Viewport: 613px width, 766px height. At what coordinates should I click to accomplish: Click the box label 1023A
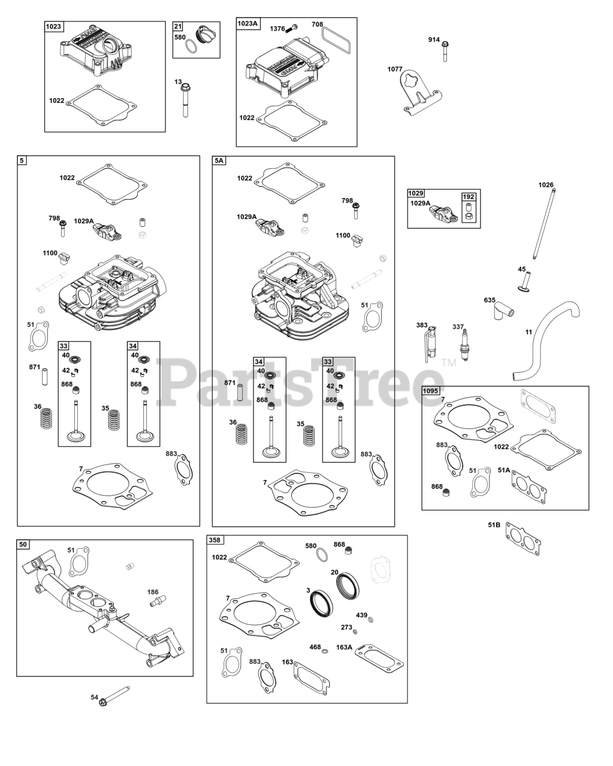pos(247,23)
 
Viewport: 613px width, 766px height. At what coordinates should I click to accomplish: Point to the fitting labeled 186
pos(158,598)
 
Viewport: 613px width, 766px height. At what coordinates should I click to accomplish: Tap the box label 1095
pos(431,391)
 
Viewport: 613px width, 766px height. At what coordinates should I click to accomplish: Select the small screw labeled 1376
pos(293,28)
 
